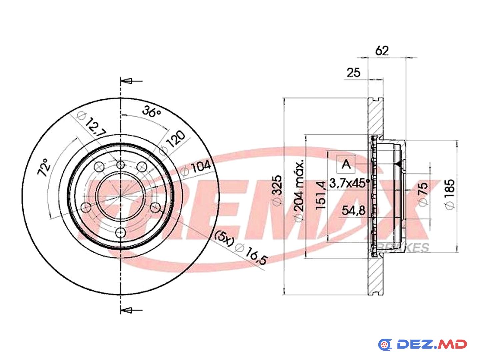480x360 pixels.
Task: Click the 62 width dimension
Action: coord(382,51)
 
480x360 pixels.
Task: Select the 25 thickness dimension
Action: coord(353,73)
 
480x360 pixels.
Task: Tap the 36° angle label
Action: coord(151,111)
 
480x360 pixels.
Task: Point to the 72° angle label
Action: coord(44,167)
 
